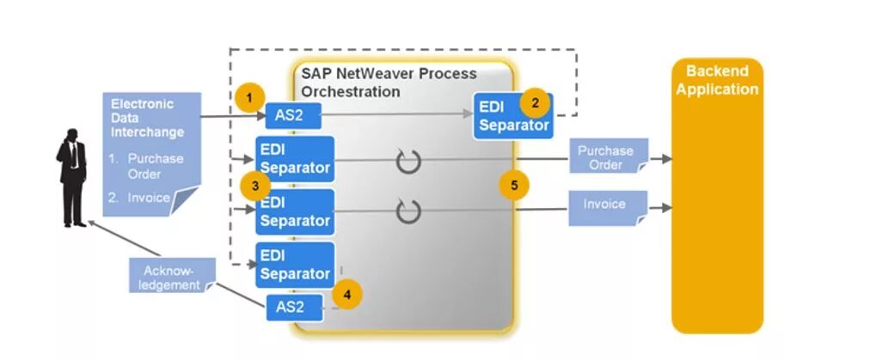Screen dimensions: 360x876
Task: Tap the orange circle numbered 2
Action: (x=536, y=102)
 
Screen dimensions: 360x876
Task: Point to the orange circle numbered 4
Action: (x=346, y=294)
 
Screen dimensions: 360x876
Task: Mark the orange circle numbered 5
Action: (x=514, y=184)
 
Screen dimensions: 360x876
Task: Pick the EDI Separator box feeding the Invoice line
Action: (x=295, y=212)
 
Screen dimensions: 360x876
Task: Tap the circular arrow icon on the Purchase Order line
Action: (x=408, y=160)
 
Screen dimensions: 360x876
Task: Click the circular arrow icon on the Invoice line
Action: (x=408, y=210)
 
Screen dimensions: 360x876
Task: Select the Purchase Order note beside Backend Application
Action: (x=605, y=156)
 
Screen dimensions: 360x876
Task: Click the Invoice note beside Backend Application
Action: (x=605, y=206)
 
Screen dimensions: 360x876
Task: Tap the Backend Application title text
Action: (x=717, y=80)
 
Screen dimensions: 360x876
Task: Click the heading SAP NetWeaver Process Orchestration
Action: (x=389, y=82)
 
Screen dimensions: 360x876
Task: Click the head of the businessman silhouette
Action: (x=70, y=137)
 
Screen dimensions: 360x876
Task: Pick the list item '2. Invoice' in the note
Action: (x=139, y=198)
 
